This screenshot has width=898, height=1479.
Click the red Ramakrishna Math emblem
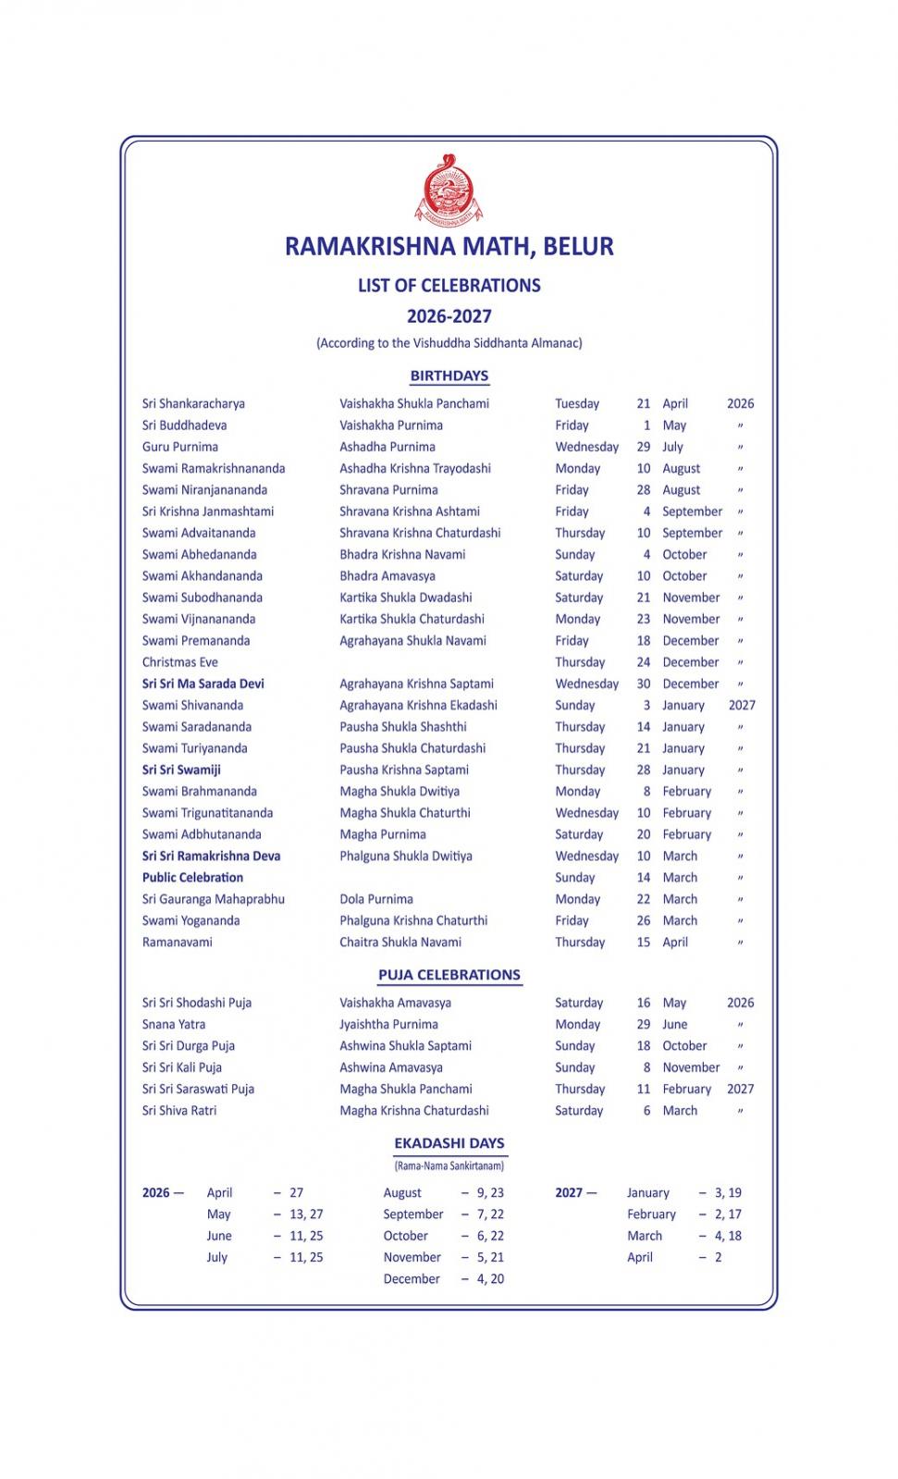449,189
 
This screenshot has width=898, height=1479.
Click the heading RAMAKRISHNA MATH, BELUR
449,246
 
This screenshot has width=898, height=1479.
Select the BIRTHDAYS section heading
449,376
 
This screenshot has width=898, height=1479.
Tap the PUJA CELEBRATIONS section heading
449,975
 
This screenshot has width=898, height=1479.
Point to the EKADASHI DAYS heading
449,1143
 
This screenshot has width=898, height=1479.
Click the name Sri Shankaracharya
193,403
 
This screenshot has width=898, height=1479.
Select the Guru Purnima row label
180,447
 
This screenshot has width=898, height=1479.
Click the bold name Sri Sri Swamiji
181,770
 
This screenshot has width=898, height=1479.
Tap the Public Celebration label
192,878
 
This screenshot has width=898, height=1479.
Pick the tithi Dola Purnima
376,899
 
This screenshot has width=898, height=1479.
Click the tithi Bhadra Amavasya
387,576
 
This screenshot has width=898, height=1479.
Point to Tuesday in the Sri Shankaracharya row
577,403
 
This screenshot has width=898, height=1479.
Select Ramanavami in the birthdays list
177,943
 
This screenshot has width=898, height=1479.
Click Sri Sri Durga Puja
189,1046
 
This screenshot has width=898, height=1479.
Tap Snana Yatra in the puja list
174,1025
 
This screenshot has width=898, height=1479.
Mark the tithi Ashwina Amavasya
391,1067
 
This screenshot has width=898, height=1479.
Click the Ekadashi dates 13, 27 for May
306,1214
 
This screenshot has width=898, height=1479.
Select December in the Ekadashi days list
412,1279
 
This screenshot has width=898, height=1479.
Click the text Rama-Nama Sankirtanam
449,1166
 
